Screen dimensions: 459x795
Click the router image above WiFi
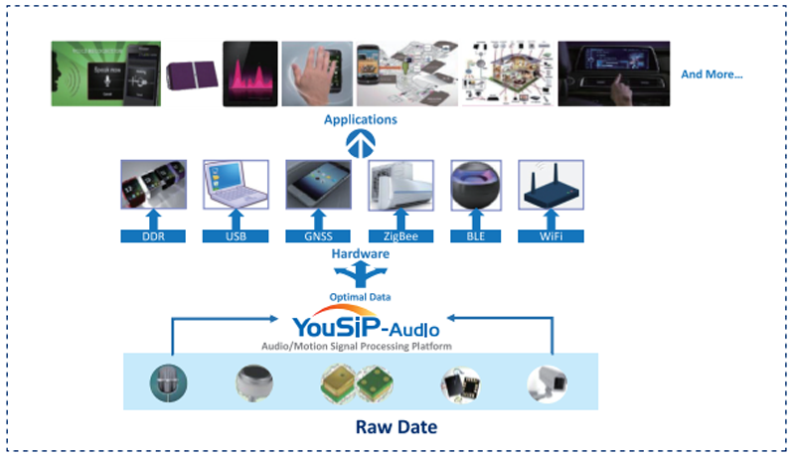[551, 185]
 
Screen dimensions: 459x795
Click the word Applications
[360, 120]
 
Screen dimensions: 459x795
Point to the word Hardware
[360, 254]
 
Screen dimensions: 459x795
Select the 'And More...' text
[712, 75]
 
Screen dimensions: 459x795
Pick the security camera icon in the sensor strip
[550, 382]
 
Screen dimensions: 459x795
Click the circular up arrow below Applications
[360, 144]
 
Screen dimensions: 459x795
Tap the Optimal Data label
[359, 297]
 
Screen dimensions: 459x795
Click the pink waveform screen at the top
[249, 74]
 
